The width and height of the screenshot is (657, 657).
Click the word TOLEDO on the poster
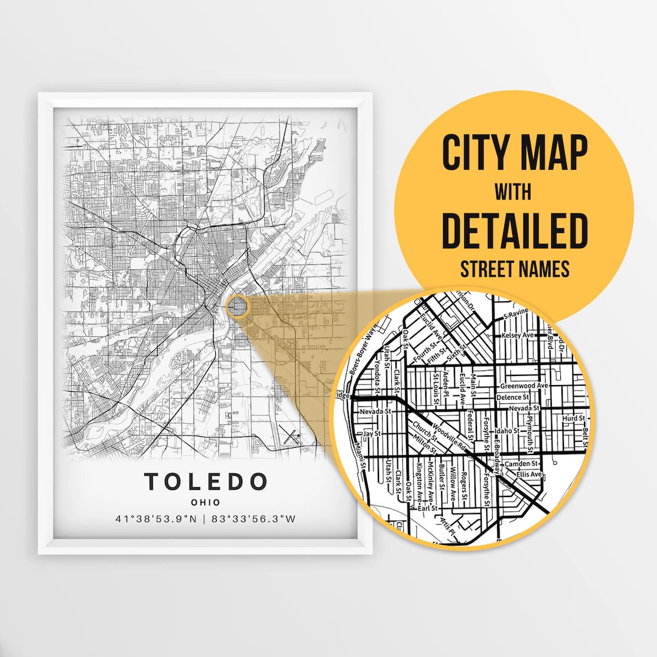point(206,481)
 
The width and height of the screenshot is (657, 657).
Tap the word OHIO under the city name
point(206,502)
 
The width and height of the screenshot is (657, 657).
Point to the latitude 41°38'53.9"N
point(156,519)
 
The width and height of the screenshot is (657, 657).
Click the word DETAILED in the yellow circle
point(515,231)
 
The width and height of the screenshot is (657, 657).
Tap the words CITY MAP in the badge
point(515,154)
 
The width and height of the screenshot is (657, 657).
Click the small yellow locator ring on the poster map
point(237,307)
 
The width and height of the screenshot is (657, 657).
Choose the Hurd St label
point(573,419)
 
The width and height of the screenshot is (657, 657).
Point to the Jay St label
point(371,434)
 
